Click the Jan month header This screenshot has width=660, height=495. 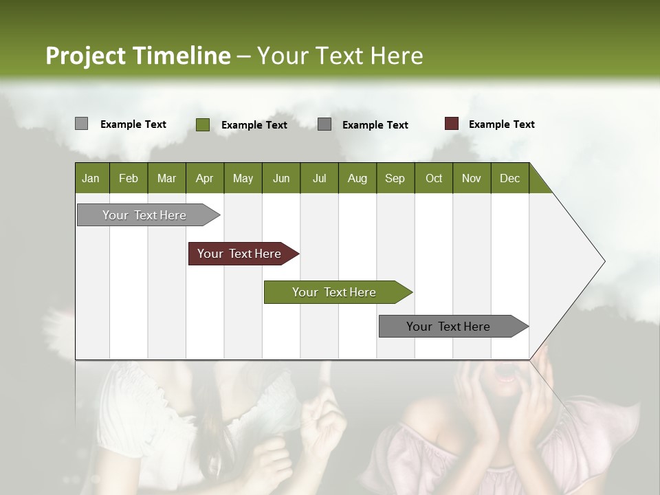tap(91, 178)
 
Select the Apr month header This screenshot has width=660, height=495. tap(204, 178)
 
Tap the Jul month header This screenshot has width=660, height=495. tap(319, 178)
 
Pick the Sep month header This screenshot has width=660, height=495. tap(395, 178)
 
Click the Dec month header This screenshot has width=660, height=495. tap(509, 178)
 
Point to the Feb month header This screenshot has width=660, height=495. tap(129, 178)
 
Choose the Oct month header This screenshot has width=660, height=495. tap(434, 178)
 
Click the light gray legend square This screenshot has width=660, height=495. tap(81, 124)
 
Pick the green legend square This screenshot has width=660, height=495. tap(203, 124)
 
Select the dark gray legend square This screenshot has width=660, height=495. tap(324, 124)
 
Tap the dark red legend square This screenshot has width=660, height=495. tap(451, 124)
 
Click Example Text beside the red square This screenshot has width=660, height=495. tap(501, 124)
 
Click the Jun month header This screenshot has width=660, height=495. tap(281, 178)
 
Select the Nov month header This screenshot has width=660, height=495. tap(472, 178)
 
